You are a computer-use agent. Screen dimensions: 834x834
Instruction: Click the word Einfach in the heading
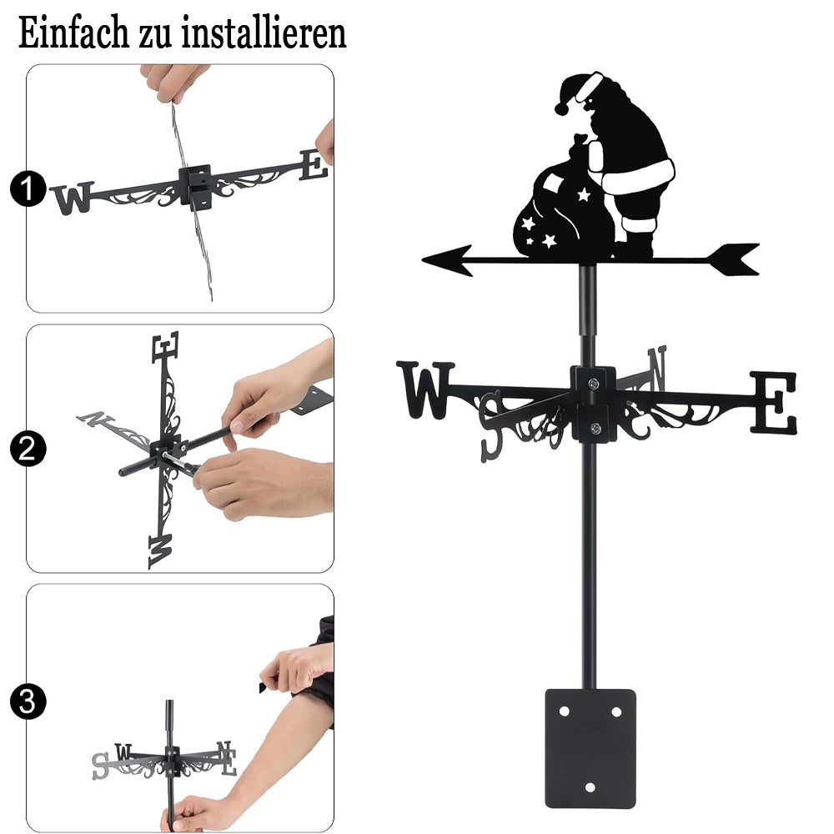tap(73, 33)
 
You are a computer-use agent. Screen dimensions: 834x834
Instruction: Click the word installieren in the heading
tap(264, 33)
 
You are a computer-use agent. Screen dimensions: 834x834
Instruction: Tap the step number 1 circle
tap(28, 188)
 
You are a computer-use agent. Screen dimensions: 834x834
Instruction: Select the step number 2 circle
tap(28, 449)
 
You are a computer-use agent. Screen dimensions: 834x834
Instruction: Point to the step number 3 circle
tap(28, 701)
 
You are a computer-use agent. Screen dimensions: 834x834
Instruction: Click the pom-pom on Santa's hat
tap(561, 108)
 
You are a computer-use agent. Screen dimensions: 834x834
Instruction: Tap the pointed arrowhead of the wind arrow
tap(447, 260)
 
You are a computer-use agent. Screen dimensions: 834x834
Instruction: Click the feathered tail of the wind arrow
tap(734, 259)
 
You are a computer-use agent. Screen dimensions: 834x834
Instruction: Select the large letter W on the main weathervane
tap(425, 389)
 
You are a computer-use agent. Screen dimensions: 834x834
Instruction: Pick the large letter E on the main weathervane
tap(774, 402)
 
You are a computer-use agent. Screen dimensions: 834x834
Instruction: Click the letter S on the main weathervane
tap(491, 426)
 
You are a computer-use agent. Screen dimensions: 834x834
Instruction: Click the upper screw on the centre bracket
tap(594, 383)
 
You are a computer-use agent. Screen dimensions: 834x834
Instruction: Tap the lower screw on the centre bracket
tap(595, 428)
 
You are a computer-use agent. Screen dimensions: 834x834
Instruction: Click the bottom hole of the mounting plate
tap(590, 787)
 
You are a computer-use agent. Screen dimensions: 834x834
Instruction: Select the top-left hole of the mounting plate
tap(564, 711)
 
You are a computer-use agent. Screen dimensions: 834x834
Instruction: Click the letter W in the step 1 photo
tap(73, 198)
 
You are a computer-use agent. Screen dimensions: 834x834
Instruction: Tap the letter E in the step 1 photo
tap(314, 164)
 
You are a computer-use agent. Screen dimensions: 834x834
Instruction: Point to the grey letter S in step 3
tap(101, 766)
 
